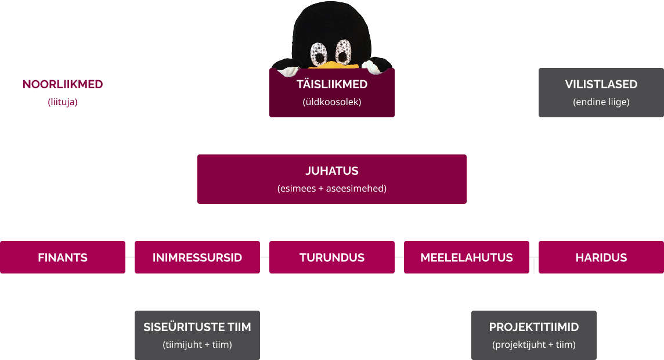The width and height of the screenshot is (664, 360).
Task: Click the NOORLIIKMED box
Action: coord(63,92)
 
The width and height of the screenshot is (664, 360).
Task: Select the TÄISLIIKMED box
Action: coord(331,93)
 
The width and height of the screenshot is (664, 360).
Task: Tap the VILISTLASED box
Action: coord(601,92)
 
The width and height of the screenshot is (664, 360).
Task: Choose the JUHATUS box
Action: coord(331,179)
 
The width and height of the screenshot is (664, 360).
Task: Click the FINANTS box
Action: coord(63,257)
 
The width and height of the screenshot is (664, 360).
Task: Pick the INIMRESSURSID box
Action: coord(197,257)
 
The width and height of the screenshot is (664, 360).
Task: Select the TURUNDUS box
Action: coord(331,257)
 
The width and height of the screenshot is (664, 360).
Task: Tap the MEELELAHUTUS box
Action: coord(466,257)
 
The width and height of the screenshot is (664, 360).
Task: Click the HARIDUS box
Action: coord(601,257)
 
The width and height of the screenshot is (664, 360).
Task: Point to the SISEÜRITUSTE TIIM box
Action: coord(197,335)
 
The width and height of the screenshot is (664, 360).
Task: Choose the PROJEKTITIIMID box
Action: coord(533,335)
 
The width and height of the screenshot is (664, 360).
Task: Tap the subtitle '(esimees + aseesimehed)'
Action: coord(331,189)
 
